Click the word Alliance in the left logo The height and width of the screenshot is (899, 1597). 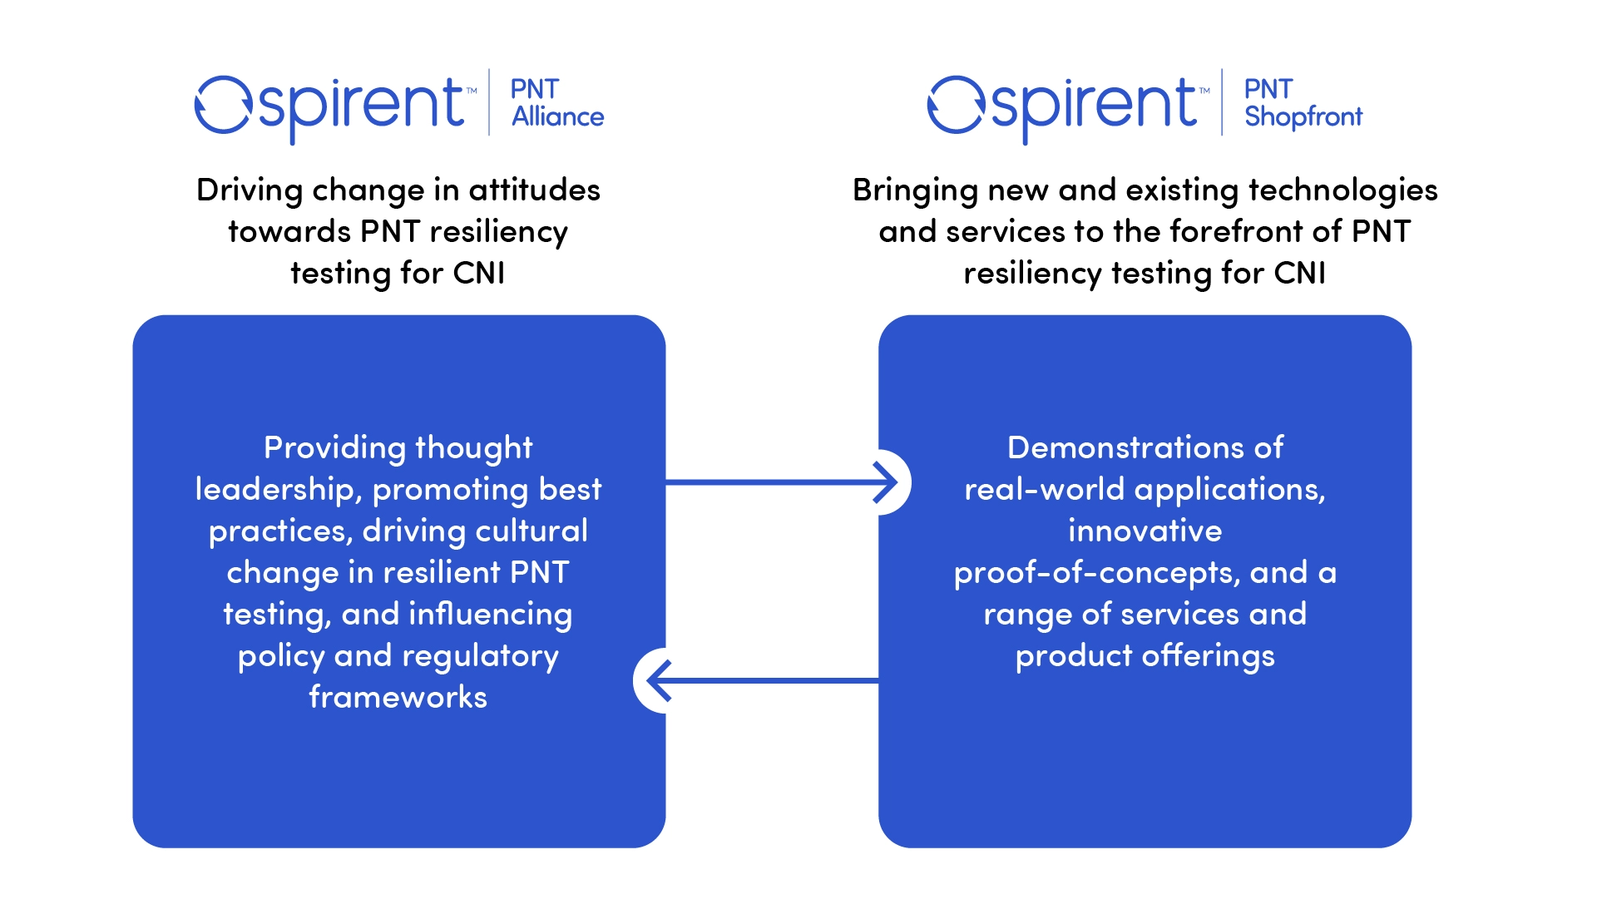click(557, 117)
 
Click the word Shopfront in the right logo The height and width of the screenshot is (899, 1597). click(1303, 117)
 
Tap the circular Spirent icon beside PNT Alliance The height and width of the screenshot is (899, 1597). click(222, 105)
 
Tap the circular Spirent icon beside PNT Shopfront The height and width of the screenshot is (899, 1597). click(956, 105)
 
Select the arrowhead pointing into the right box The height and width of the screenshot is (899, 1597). click(887, 482)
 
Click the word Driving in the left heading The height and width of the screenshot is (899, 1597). click(250, 190)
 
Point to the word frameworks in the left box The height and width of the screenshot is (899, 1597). click(398, 697)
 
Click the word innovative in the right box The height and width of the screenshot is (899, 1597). click(1145, 531)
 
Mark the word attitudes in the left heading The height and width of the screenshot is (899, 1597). click(533, 190)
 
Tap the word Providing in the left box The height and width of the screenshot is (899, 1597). click(334, 448)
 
